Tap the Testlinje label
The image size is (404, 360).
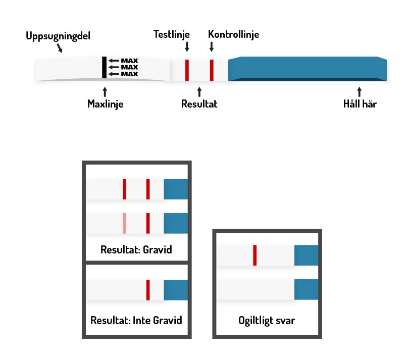(x=172, y=34)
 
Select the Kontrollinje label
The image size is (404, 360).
(x=233, y=34)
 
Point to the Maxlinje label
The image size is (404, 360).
(x=106, y=105)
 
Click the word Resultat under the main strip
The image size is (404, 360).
(x=199, y=105)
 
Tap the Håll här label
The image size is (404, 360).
(x=360, y=105)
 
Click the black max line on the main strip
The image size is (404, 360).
(x=104, y=67)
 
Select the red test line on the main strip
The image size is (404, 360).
(x=186, y=70)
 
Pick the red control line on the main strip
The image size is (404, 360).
(x=212, y=70)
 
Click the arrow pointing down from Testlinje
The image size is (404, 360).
(x=187, y=47)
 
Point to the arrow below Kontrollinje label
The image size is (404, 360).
(x=211, y=47)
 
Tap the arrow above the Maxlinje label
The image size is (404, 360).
(x=105, y=92)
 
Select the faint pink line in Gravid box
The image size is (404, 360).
(x=124, y=223)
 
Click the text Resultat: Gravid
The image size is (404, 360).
(x=136, y=250)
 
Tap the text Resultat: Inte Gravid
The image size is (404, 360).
(x=136, y=320)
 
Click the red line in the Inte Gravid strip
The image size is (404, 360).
(x=148, y=290)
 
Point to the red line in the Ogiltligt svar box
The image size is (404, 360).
(x=255, y=255)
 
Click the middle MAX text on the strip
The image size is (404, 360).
(x=130, y=67)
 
